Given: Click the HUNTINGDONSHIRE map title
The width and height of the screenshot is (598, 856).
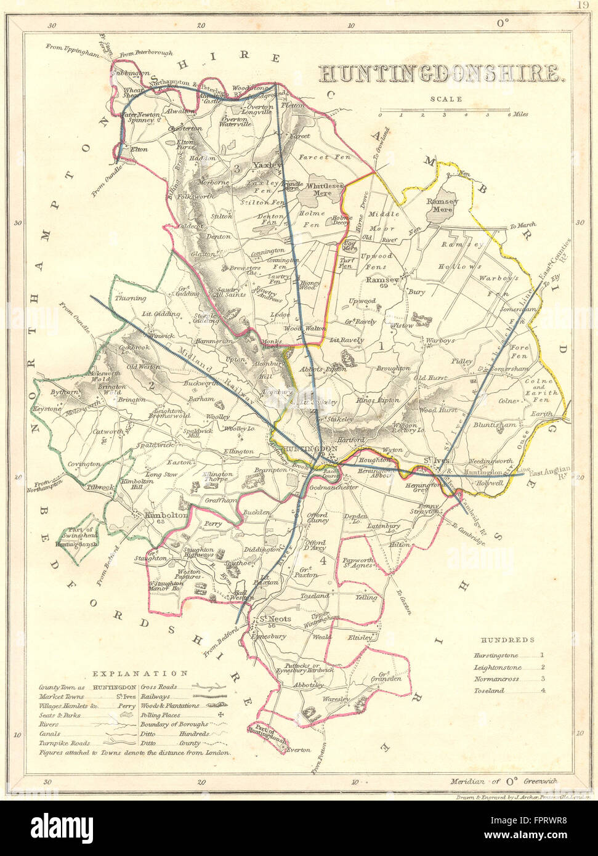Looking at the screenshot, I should (x=441, y=73).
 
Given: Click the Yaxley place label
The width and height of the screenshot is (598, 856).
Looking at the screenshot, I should (x=267, y=165).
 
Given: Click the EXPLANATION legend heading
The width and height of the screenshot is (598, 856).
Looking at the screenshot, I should (x=140, y=673).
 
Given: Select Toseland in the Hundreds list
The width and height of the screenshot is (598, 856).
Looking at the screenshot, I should (x=489, y=690).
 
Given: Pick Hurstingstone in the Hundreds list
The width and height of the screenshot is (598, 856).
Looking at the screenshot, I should (x=496, y=656).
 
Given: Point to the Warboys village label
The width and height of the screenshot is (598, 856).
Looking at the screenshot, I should (x=440, y=340).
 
